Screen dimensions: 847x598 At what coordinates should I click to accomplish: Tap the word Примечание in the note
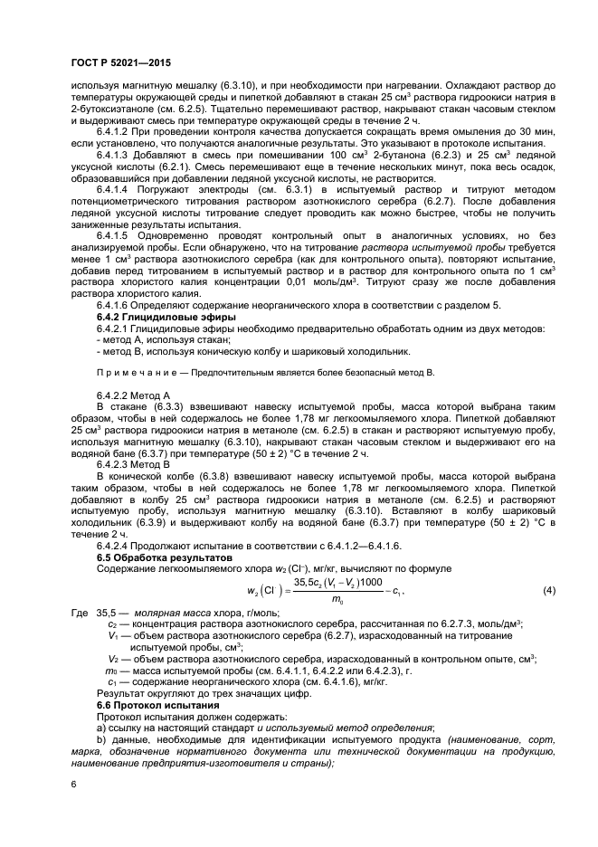[130, 372]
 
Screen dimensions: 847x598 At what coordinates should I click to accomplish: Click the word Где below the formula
[80, 614]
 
